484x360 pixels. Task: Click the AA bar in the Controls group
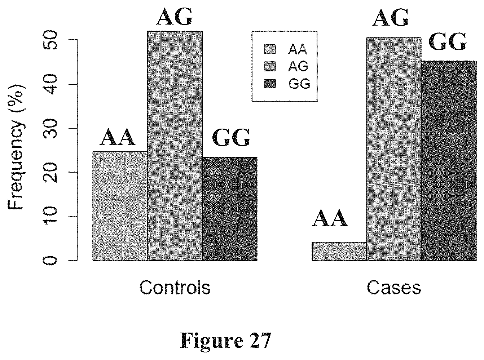120,206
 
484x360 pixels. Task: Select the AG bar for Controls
175,146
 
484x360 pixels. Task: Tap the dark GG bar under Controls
230,209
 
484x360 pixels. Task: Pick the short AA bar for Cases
339,251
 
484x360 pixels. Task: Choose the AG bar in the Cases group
394,149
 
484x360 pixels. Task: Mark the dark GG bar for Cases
449,161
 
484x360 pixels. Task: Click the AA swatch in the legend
270,49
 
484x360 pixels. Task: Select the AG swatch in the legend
270,66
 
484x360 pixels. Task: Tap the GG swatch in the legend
270,84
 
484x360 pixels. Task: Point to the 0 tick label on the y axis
50,261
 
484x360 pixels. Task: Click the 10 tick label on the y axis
50,216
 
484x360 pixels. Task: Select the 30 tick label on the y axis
50,128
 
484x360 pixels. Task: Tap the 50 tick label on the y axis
50,40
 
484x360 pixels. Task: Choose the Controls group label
175,288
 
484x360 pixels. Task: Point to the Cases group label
394,288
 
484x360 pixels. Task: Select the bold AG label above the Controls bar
175,17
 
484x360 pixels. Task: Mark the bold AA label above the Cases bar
330,218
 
